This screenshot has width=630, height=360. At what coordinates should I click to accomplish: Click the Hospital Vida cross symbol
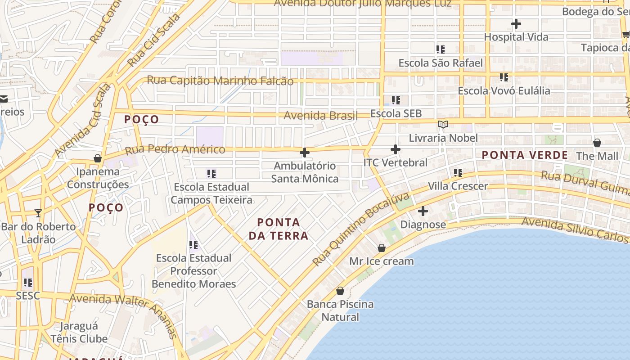point(516,24)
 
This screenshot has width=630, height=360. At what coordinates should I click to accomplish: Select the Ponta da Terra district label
point(278,229)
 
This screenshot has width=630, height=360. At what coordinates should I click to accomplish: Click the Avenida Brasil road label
point(320,116)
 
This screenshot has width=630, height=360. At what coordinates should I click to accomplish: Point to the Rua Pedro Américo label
point(175,149)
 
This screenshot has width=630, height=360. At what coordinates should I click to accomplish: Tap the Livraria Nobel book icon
point(443,125)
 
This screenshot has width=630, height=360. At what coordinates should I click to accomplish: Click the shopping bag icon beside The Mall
point(597,143)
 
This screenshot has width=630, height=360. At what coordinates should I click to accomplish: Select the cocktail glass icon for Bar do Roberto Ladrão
point(38,213)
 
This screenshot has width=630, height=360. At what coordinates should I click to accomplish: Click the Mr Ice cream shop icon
point(382,248)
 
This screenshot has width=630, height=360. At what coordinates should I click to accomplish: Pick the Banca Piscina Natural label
point(340,310)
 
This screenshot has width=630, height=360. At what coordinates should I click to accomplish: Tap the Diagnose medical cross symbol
point(423,211)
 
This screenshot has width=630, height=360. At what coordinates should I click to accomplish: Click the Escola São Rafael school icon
point(441,49)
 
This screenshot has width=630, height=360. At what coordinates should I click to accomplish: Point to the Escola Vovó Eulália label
point(504,91)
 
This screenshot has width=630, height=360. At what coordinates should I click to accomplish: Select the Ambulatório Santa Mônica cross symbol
point(305,153)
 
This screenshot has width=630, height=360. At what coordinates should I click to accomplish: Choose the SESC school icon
point(28,283)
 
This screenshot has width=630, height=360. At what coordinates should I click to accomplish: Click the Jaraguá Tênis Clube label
point(79,332)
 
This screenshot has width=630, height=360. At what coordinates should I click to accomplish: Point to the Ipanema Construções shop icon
point(97,158)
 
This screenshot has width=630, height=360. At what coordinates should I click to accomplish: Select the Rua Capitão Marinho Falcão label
point(220,81)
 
